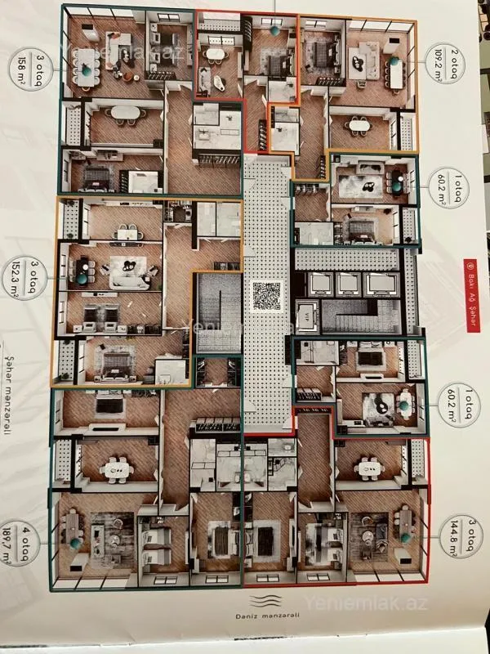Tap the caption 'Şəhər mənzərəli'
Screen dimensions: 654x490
pyautogui.click(x=14, y=404)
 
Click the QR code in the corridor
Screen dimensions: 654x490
pyautogui.click(x=267, y=295)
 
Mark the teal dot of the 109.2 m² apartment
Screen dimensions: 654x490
pyautogui.click(x=394, y=61)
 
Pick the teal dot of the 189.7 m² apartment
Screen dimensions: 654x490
pyautogui.click(x=75, y=543)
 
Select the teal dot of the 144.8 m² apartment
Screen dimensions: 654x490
pyautogui.click(x=406, y=537)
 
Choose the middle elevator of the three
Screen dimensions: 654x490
pyautogui.click(x=349, y=284)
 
